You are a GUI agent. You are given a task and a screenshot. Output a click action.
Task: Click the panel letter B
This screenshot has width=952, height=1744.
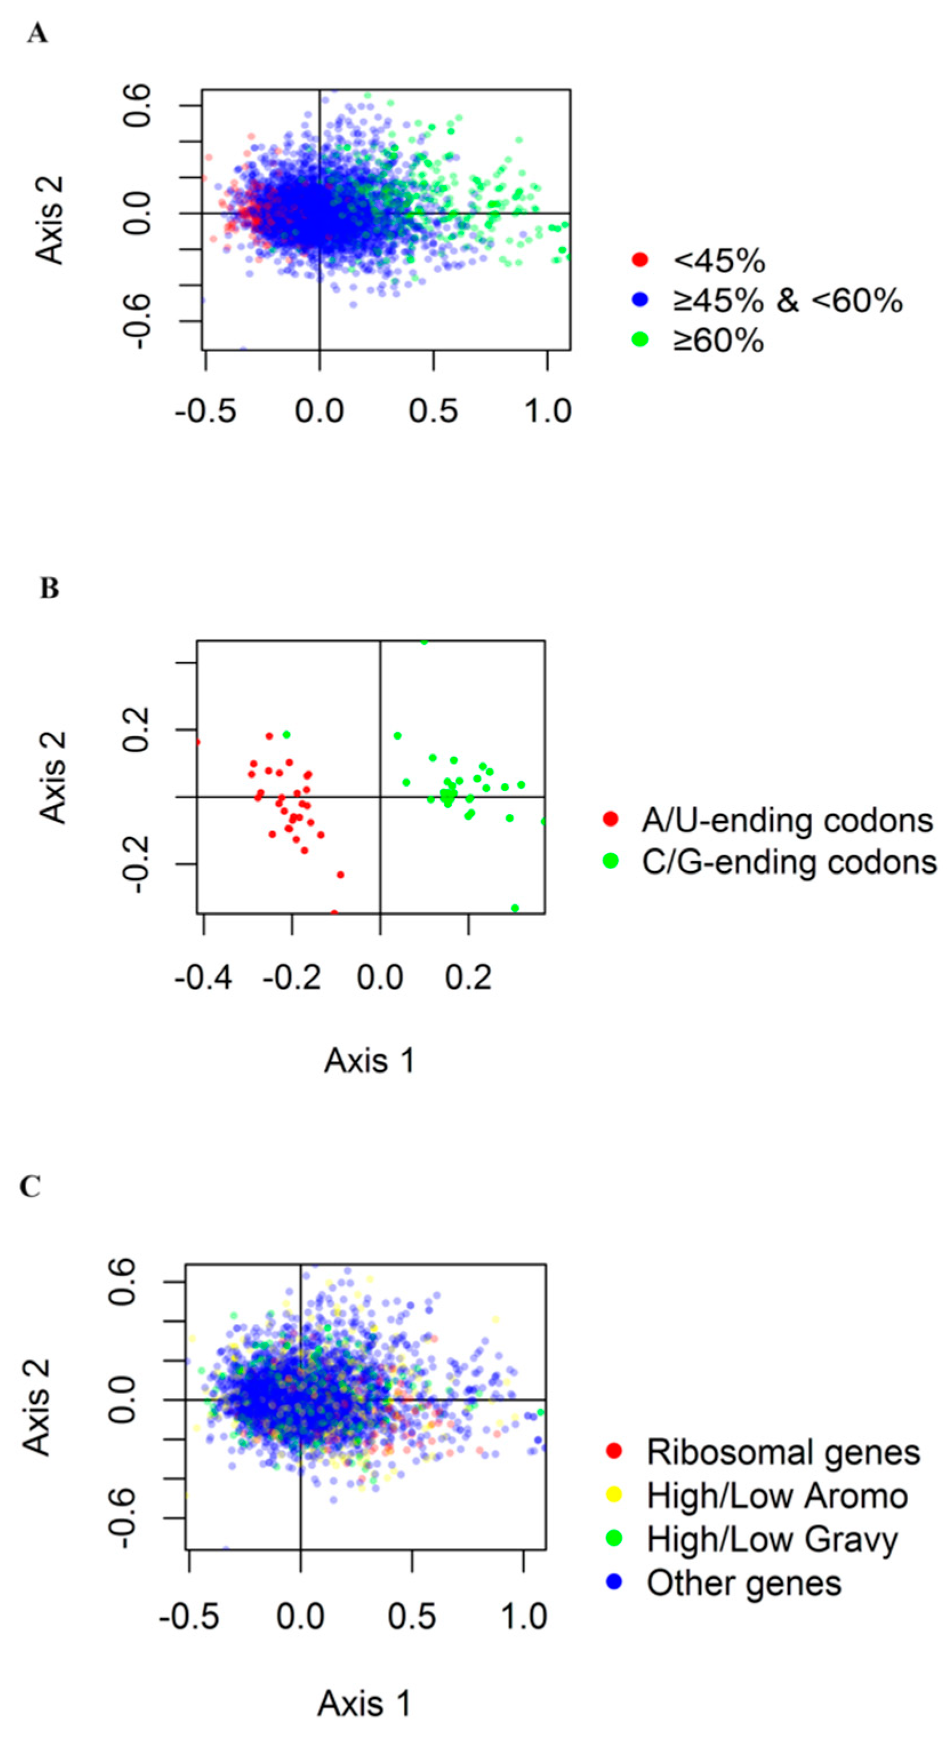coord(49,589)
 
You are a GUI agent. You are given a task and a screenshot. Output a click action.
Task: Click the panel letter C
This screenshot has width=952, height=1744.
coord(30,1187)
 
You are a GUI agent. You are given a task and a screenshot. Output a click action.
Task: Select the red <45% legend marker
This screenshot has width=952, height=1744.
coord(640,260)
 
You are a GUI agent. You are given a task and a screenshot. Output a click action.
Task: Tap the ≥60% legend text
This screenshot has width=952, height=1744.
coord(718,341)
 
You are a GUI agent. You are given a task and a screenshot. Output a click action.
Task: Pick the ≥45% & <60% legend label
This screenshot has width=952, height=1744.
coord(787,301)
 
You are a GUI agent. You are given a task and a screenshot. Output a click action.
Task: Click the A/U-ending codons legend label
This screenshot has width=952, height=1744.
coord(787,820)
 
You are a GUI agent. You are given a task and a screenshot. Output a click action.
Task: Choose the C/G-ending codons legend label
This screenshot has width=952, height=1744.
coord(789,862)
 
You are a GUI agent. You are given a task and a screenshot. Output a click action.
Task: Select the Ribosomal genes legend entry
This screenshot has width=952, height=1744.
coord(783,1452)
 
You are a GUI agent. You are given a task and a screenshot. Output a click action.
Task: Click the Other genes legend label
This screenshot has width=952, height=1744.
coord(744,1583)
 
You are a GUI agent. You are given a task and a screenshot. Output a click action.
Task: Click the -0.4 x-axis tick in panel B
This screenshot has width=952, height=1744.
coord(203,978)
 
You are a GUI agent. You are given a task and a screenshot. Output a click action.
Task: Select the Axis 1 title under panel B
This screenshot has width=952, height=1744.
coord(369,1061)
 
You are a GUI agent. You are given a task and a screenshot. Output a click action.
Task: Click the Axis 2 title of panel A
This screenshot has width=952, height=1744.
coord(50,220)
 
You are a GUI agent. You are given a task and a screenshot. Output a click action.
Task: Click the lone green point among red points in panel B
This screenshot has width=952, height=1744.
coord(286,735)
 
